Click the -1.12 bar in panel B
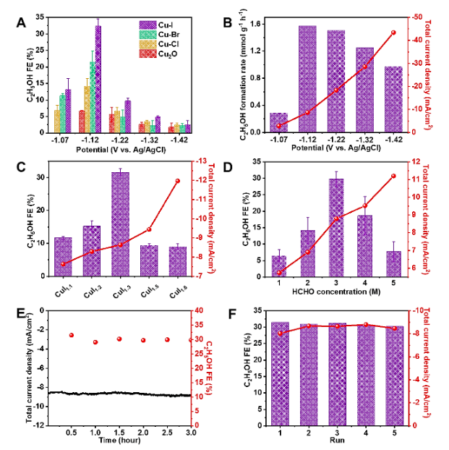pos(307,79)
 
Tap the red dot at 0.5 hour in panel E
pos(71,336)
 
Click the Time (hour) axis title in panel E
pos(119,439)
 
